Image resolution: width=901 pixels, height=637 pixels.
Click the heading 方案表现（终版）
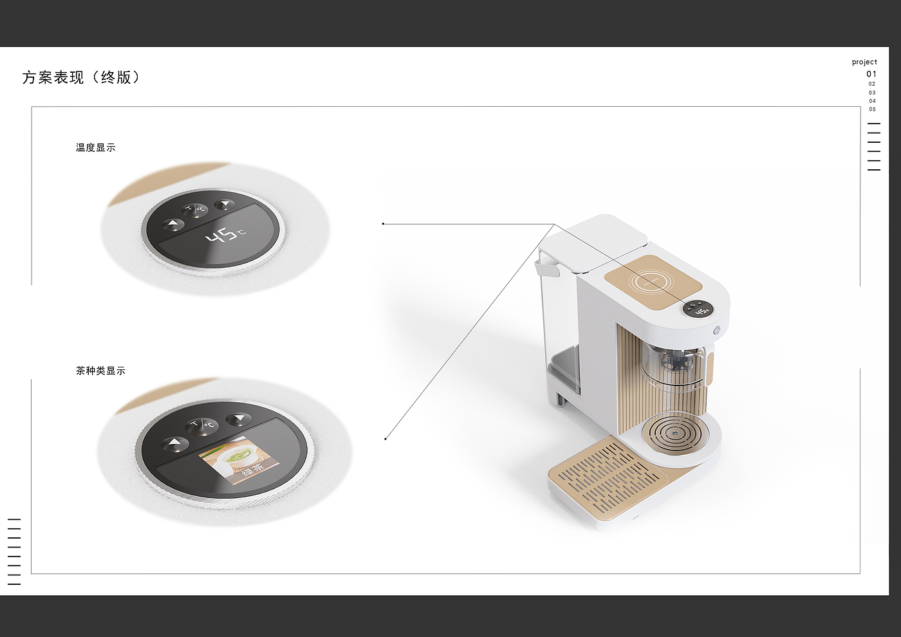click(81, 77)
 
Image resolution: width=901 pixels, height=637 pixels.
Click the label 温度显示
click(96, 147)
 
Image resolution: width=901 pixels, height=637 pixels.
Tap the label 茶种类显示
click(100, 371)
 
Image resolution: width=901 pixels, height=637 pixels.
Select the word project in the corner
click(864, 62)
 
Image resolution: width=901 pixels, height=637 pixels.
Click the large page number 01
click(871, 74)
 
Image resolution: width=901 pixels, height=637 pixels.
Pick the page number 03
click(872, 93)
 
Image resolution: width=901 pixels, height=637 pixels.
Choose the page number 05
click(872, 109)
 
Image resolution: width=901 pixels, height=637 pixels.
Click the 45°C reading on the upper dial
click(225, 234)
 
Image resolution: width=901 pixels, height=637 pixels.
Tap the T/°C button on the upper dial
click(196, 210)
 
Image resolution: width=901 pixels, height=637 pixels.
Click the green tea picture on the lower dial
click(239, 461)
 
